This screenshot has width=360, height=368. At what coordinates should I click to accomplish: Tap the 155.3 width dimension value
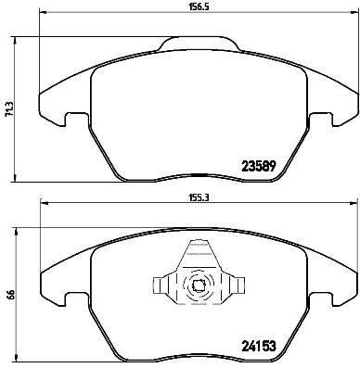pyautogui.click(x=193, y=197)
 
